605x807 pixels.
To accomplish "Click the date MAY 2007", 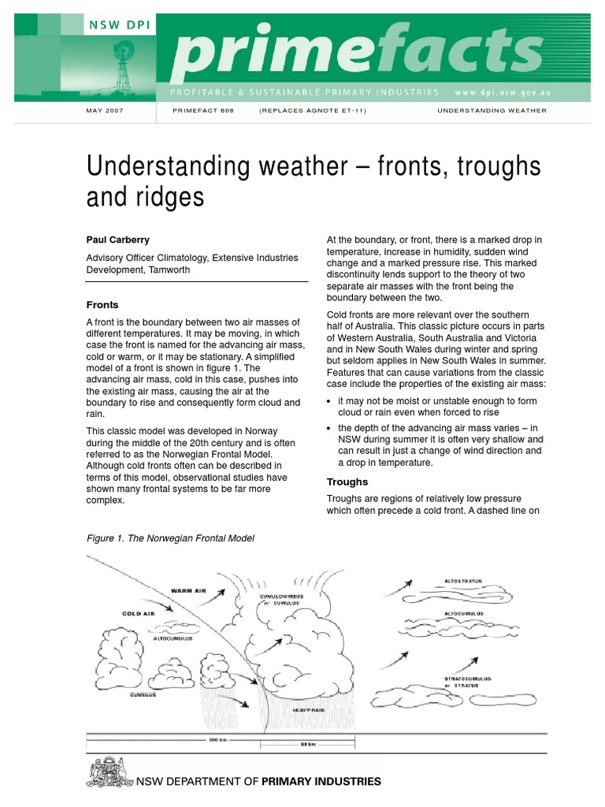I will click(104, 111).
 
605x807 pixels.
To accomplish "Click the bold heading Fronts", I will click(102, 304).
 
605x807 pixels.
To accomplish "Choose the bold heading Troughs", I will click(347, 482).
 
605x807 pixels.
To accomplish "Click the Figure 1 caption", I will click(170, 538).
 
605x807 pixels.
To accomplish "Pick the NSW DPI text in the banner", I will click(121, 24).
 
